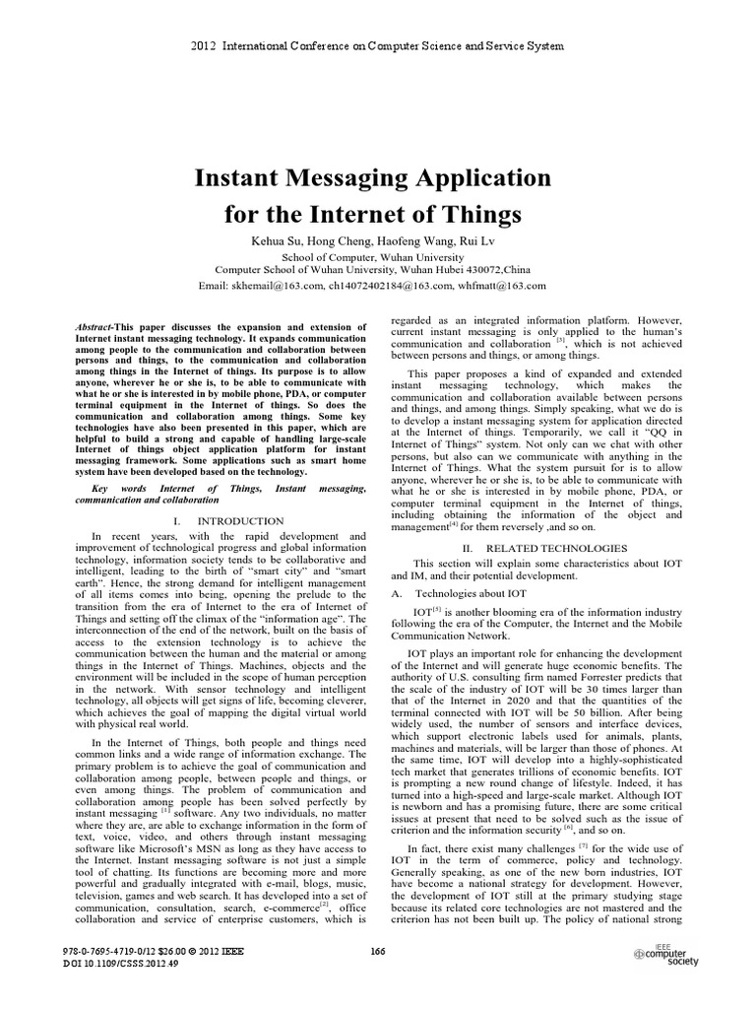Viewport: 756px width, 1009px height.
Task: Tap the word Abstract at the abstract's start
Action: coord(94,325)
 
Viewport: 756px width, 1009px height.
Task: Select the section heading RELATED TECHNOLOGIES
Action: coord(547,547)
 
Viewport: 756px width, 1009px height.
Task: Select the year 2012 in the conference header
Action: coord(199,46)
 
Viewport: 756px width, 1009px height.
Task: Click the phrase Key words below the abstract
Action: coord(112,488)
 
